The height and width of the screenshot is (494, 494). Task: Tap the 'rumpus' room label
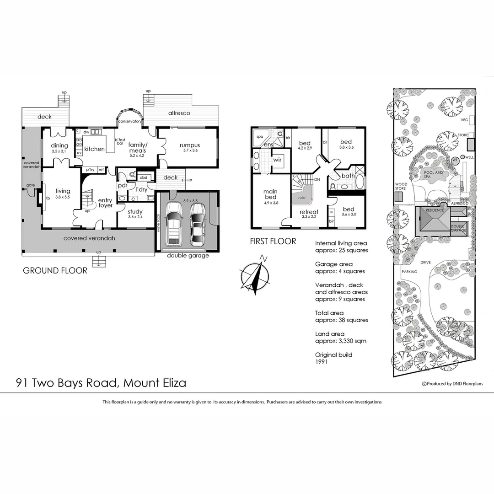coord(190,145)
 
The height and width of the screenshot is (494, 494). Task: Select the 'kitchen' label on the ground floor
coord(95,149)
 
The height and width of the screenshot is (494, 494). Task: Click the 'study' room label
coord(135,212)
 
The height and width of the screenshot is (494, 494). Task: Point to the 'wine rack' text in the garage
coord(159,223)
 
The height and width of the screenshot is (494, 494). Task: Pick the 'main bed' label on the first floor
coord(270,194)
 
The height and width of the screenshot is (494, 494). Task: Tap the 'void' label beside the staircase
coord(301,198)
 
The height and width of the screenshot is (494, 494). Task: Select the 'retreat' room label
coord(309,212)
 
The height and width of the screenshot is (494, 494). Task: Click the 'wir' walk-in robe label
coord(277,160)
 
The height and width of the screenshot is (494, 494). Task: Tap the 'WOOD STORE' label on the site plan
coord(401,187)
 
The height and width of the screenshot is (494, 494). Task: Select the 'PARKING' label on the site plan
coord(409,272)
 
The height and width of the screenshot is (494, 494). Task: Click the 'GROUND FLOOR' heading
coord(55,270)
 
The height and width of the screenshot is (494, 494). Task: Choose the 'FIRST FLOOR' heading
coord(273,241)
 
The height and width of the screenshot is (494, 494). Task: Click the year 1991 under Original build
coord(322,362)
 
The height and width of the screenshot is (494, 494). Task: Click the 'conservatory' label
coord(130,121)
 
